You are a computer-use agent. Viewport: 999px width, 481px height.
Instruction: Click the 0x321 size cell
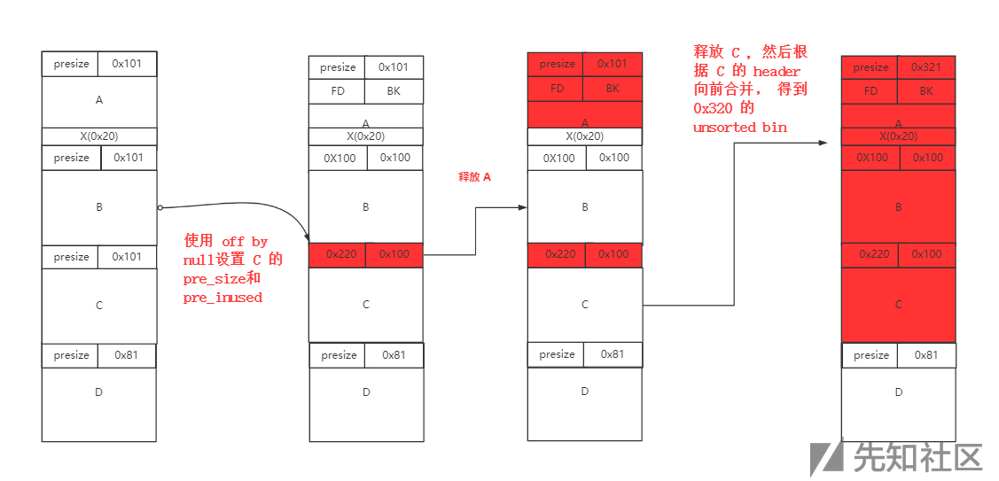(x=926, y=67)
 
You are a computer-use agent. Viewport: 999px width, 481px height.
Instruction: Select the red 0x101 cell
(x=612, y=64)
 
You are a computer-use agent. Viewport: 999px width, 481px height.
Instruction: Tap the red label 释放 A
(x=474, y=177)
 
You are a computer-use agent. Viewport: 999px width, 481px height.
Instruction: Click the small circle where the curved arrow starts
(x=160, y=207)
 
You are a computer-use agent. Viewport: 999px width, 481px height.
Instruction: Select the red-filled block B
(x=898, y=206)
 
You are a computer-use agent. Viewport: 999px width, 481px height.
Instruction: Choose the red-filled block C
(x=898, y=304)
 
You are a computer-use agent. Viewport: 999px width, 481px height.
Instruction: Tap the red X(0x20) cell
(x=898, y=136)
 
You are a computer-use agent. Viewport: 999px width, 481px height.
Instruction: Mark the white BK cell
(x=394, y=91)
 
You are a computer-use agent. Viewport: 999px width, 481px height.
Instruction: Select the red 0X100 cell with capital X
(x=871, y=158)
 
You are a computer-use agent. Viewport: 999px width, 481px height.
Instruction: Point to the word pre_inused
(x=222, y=298)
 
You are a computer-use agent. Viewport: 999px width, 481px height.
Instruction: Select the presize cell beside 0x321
(x=870, y=67)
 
